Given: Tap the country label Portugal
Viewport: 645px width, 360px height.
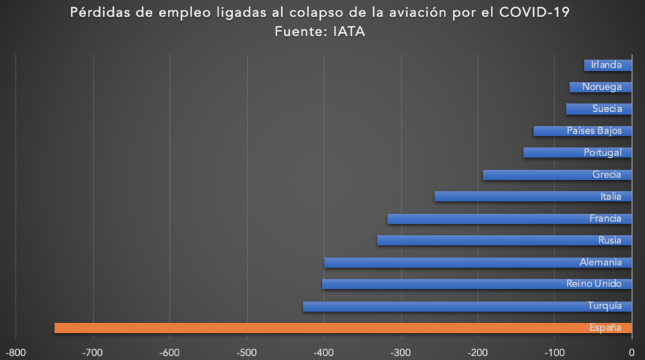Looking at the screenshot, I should click(603, 153).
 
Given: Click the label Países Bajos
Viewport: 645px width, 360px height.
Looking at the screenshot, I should click(594, 131).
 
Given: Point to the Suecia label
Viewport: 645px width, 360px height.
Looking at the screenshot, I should click(607, 109).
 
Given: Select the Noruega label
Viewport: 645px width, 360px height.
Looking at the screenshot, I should click(602, 87).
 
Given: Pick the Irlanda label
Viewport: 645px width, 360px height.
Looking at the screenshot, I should click(607, 65).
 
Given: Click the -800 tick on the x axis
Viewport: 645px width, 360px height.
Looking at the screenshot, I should click(16, 353).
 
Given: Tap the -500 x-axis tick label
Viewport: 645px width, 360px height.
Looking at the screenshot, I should click(247, 353).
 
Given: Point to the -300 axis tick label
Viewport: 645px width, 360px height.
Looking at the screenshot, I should click(401, 353).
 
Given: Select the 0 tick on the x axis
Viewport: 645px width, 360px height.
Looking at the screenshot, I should click(631, 353).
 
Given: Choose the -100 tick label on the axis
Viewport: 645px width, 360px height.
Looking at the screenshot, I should click(554, 353).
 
